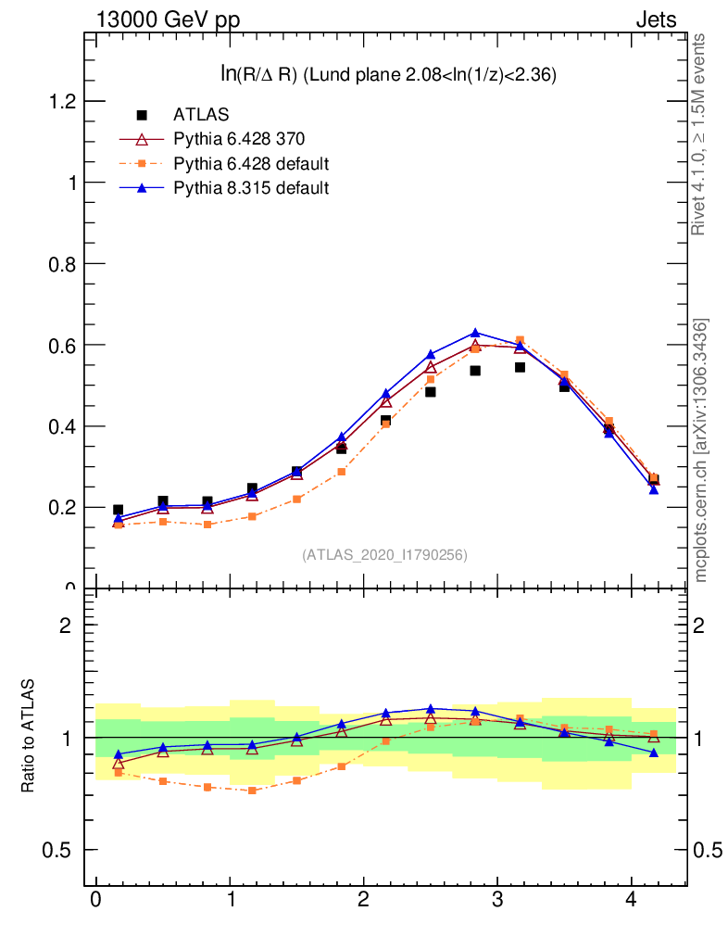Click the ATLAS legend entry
(x=200, y=115)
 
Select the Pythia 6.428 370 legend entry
(x=239, y=139)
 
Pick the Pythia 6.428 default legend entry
(x=251, y=164)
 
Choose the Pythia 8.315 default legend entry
(x=251, y=188)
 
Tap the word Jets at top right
(x=656, y=19)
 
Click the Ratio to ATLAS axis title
(x=28, y=737)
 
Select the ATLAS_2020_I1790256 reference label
(x=384, y=555)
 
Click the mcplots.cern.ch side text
(x=701, y=450)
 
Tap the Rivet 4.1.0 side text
(x=701, y=134)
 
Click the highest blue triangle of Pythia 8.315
(x=475, y=333)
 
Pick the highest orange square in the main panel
(x=520, y=340)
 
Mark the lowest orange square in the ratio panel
(x=252, y=791)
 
